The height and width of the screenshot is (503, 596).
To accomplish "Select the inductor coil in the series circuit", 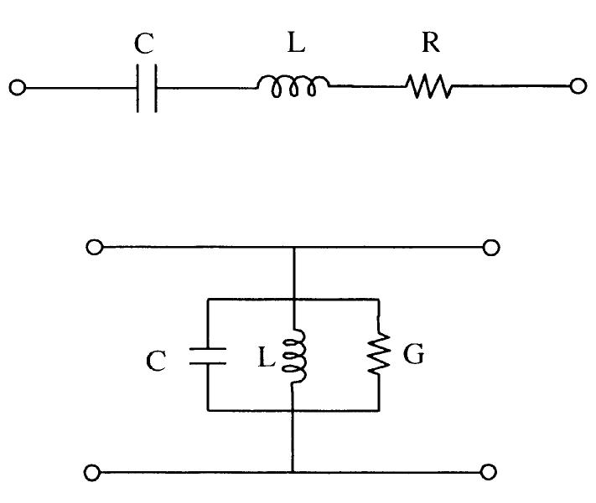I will pos(293,86).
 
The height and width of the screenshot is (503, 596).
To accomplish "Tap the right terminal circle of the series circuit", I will pos(577,87).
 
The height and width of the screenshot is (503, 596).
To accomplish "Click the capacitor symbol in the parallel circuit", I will pos(208,355).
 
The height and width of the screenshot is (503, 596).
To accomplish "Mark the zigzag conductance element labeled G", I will pos(380,355).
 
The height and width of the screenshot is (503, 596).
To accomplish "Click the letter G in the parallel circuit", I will pos(413,356).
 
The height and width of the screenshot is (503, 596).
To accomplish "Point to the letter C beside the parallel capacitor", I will pos(157,361).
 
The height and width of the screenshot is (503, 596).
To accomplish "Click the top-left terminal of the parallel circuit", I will pos(95,248).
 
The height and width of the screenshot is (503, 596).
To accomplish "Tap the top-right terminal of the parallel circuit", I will pos(492,248).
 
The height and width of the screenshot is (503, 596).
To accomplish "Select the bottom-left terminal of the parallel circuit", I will pos(95,473).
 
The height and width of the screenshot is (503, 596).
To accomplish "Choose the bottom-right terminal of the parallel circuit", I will pos(492,473).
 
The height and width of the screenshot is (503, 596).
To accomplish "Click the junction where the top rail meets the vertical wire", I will pos(293,248).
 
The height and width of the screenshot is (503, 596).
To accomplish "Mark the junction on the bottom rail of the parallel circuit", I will pos(293,473).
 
